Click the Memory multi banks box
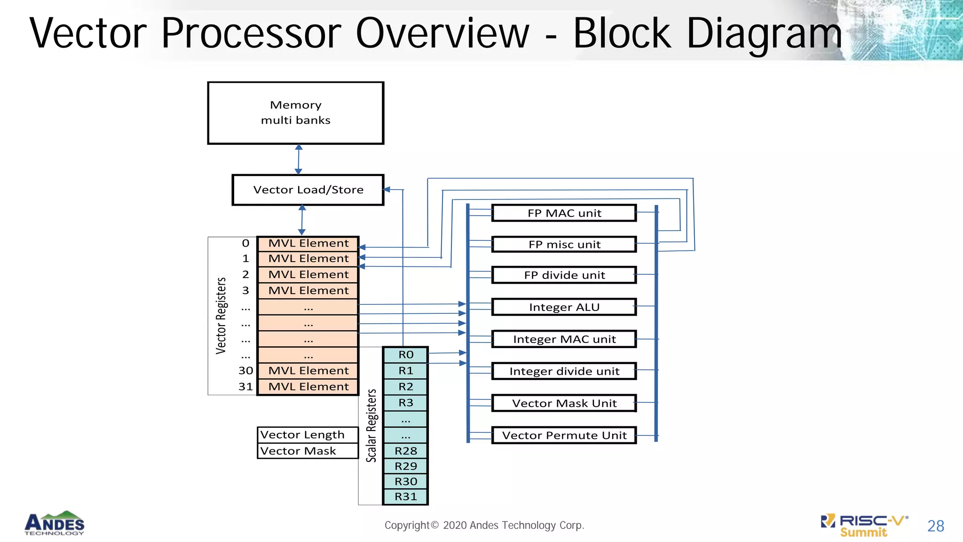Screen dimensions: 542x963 click(x=296, y=113)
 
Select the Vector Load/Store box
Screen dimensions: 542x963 click(x=308, y=190)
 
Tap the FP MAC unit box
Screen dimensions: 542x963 click(x=564, y=213)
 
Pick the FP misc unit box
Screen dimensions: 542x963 click(x=564, y=245)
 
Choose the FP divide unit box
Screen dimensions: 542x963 click(x=564, y=275)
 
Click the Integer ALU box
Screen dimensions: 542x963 click(x=564, y=307)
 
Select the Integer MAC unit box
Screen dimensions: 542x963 click(x=564, y=339)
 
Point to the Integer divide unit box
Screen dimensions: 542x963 click(x=564, y=371)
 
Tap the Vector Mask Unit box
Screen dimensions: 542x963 click(x=564, y=403)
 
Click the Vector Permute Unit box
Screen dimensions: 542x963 click(x=564, y=435)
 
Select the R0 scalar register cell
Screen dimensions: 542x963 click(x=405, y=355)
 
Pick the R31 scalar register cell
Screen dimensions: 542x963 click(x=405, y=497)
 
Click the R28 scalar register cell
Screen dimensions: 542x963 click(x=405, y=451)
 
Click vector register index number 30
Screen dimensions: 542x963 click(x=245, y=371)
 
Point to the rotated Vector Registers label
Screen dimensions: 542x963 click(x=221, y=316)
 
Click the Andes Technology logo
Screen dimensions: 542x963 click(x=55, y=524)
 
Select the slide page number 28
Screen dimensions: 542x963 click(x=935, y=526)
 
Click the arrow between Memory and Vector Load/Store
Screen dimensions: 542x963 click(x=299, y=159)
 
